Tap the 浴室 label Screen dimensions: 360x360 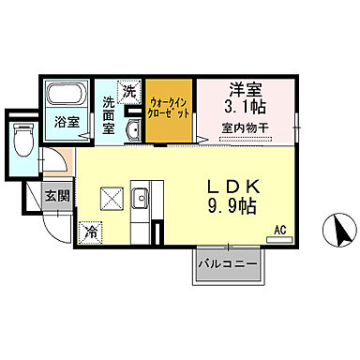(65, 122)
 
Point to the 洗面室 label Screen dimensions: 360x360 (109, 113)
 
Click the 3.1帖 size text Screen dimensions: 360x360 (245, 108)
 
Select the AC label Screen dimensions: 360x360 (279, 229)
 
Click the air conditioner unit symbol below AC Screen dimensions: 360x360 (279, 240)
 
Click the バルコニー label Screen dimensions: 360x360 (228, 265)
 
